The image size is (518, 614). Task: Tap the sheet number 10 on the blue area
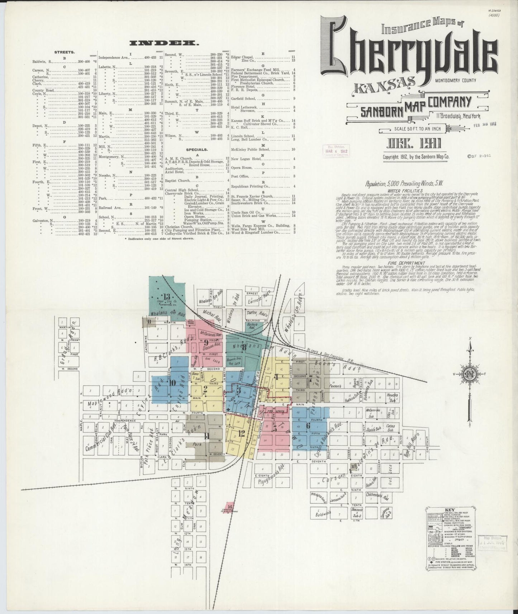[x=172, y=383]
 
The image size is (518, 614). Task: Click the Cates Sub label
[x=390, y=428]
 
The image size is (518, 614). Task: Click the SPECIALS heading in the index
[x=197, y=149]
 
